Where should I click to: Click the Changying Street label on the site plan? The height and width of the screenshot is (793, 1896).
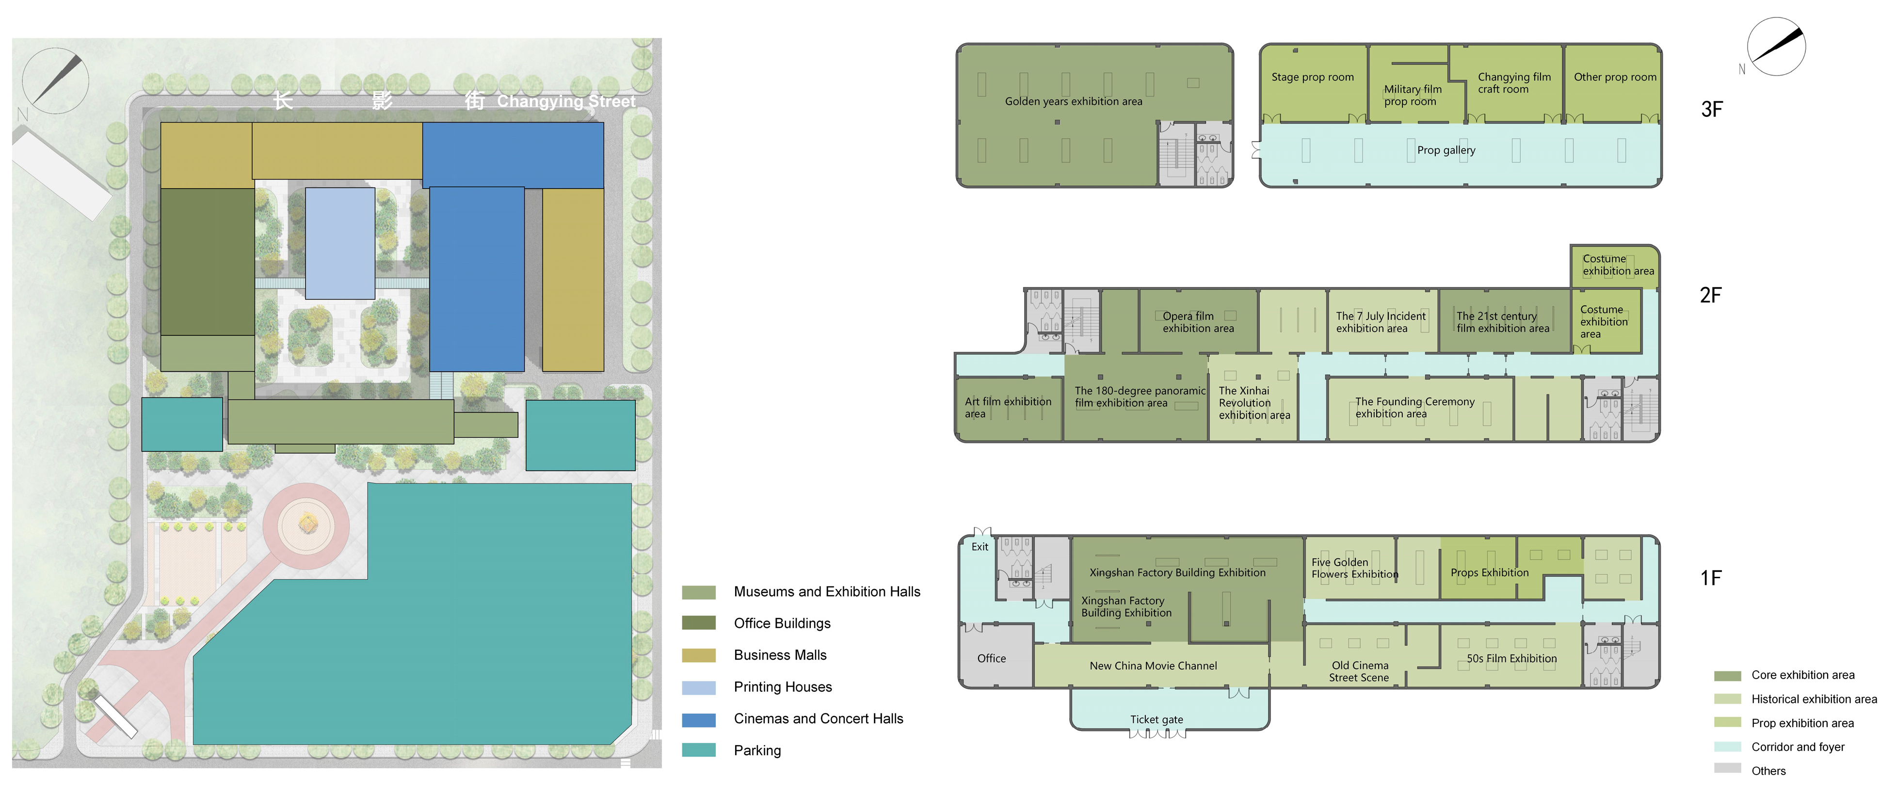(x=566, y=101)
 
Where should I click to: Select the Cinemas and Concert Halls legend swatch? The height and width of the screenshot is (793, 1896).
(x=698, y=719)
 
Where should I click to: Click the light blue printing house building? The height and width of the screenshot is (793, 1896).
(x=340, y=243)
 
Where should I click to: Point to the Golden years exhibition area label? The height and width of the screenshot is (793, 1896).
(x=1074, y=101)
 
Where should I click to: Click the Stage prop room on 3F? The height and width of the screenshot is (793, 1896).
(x=1314, y=83)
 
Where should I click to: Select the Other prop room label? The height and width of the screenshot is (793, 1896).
(x=1615, y=77)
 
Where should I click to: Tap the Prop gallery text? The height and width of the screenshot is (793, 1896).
(x=1446, y=150)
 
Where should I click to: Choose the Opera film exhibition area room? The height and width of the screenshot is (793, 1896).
(x=1198, y=321)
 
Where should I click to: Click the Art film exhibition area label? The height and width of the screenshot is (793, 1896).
(x=1008, y=408)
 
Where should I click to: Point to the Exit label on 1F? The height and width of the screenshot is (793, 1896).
(x=980, y=547)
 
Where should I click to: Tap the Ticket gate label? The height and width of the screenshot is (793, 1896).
(x=1157, y=719)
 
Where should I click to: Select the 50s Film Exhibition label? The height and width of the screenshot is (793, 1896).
(x=1512, y=658)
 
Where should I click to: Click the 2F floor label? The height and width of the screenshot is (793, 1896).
(x=1711, y=295)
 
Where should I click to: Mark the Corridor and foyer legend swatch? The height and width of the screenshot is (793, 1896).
(x=1727, y=746)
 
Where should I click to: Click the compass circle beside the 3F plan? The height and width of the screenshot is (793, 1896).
(x=1776, y=47)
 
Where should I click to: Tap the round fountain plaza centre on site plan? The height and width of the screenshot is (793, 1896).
(x=307, y=524)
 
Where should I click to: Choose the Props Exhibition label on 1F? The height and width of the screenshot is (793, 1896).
(x=1489, y=572)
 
